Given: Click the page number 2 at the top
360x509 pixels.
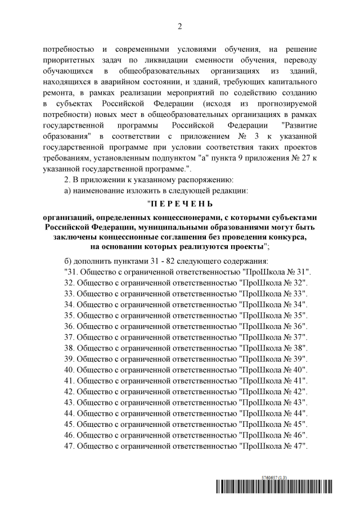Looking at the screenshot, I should pyautogui.click(x=180, y=26).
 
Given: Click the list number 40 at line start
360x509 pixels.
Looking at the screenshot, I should pyautogui.click(x=70, y=369).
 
